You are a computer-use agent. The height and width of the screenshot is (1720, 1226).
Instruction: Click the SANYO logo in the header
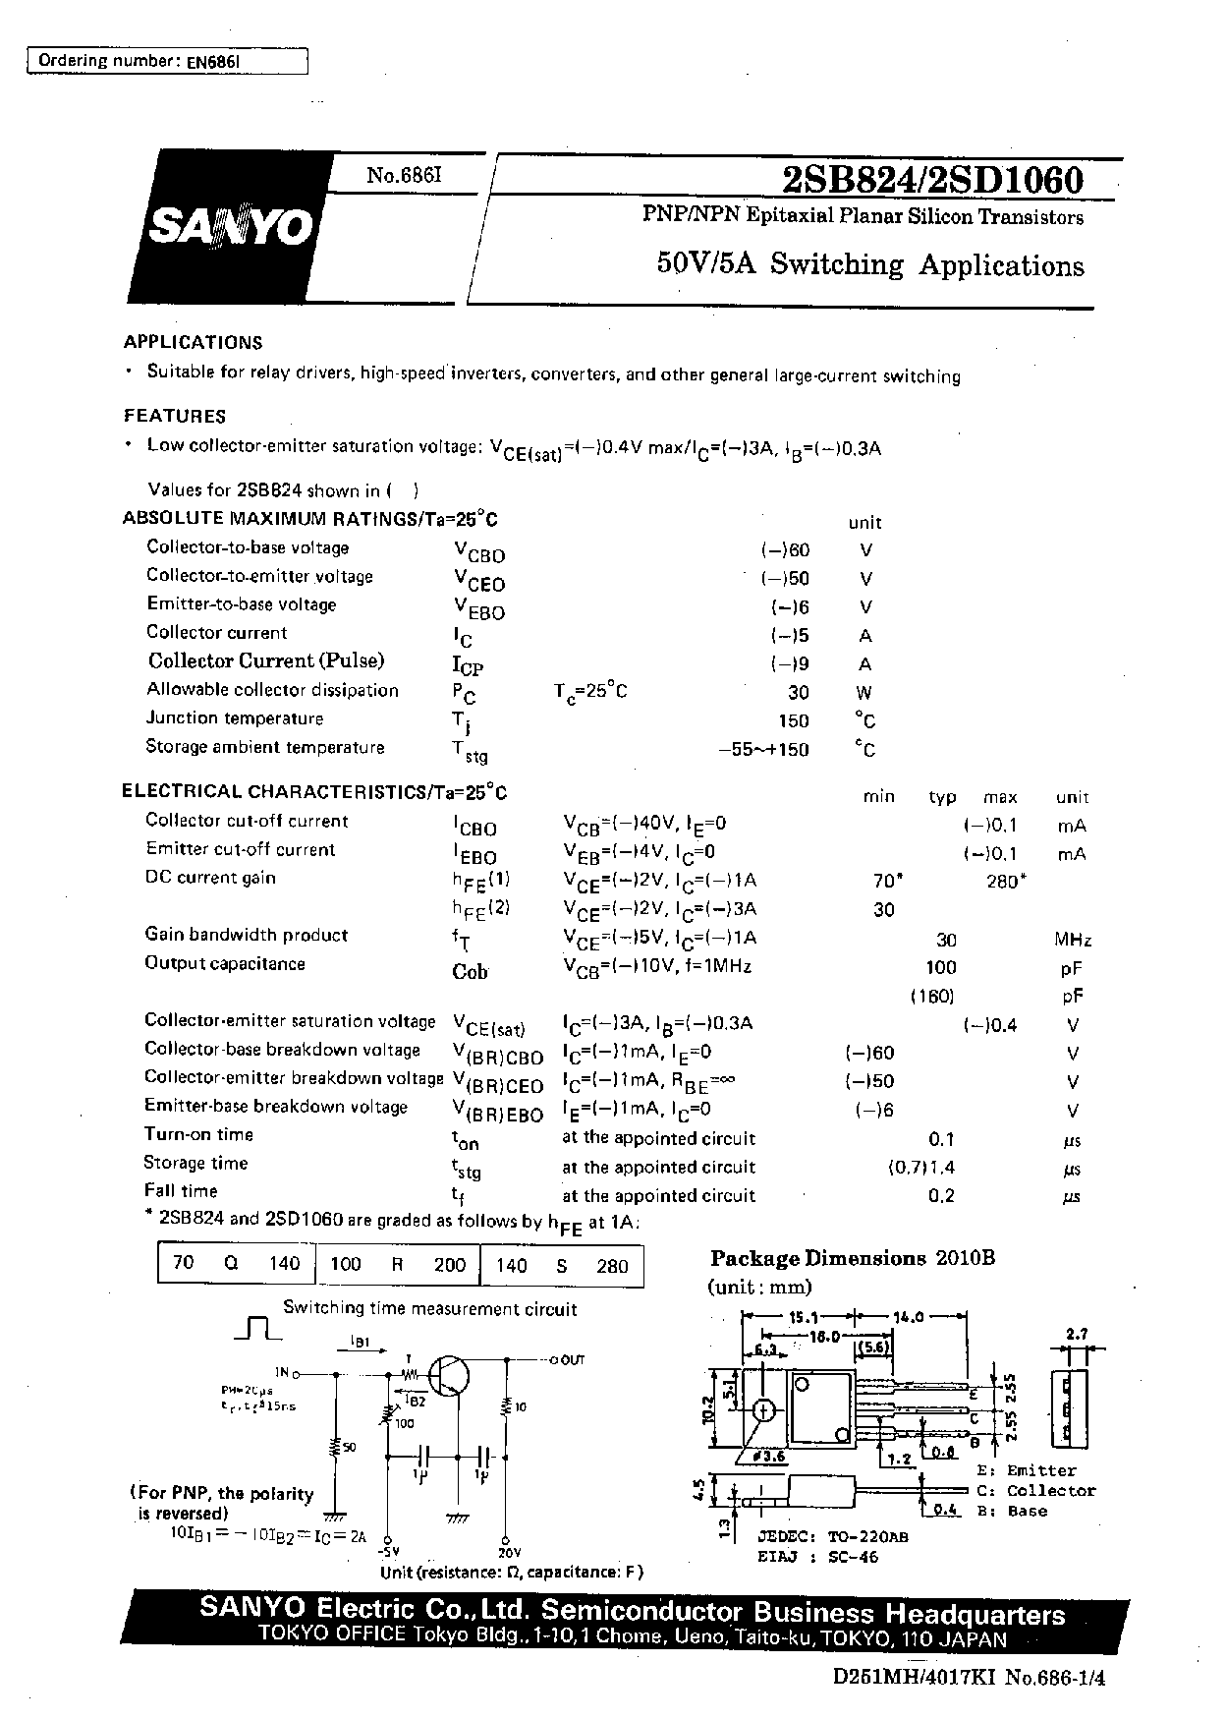pyautogui.click(x=232, y=228)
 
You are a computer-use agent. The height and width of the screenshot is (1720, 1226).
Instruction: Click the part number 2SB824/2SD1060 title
pyautogui.click(x=932, y=181)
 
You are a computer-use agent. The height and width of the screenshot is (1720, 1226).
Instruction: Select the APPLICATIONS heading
pyautogui.click(x=193, y=343)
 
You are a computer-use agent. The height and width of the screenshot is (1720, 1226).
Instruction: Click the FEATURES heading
pyautogui.click(x=174, y=416)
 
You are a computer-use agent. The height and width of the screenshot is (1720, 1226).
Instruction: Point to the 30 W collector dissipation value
pyautogui.click(x=798, y=692)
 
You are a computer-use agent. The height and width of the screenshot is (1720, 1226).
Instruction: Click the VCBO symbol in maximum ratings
pyautogui.click(x=478, y=552)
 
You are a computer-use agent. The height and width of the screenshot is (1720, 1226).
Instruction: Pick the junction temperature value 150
pyautogui.click(x=794, y=720)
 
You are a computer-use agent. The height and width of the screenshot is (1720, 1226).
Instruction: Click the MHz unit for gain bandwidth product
pyautogui.click(x=1073, y=940)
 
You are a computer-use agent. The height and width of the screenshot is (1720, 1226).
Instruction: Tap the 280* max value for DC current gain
pyautogui.click(x=1005, y=882)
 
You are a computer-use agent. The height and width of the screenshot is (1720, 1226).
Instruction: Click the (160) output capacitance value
pyautogui.click(x=931, y=997)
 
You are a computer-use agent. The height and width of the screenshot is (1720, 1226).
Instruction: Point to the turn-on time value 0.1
pyautogui.click(x=941, y=1139)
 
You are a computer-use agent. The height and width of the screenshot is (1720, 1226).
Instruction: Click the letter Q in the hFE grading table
pyautogui.click(x=231, y=1264)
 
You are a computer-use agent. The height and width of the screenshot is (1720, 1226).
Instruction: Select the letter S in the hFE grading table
pyautogui.click(x=562, y=1266)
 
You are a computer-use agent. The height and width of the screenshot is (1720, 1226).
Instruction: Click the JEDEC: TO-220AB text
pyautogui.click(x=832, y=1536)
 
